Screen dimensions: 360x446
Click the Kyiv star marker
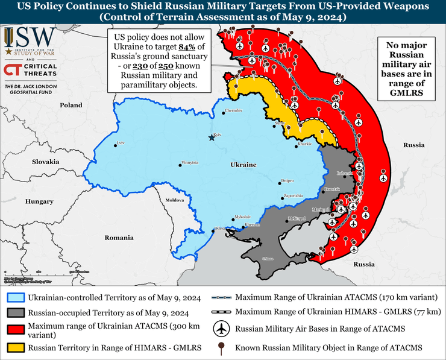211,138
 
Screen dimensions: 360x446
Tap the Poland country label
71,105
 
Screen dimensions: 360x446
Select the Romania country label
119,238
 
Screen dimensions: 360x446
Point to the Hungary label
40,201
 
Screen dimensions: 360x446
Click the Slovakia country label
45,162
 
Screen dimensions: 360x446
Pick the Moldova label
174,199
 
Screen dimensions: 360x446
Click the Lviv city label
121,143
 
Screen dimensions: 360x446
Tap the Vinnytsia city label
189,163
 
